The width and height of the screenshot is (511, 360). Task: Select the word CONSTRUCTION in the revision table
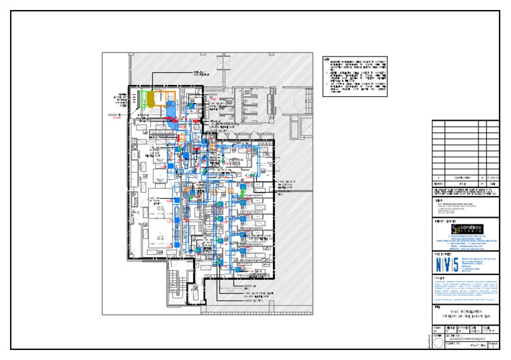coord(460,178)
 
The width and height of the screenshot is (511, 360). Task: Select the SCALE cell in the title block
coord(492,328)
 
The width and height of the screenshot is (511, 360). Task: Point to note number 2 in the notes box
coord(327,76)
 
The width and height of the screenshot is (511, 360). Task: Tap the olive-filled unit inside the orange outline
coord(154,100)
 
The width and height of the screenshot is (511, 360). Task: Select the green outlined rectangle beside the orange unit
coord(141,100)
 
